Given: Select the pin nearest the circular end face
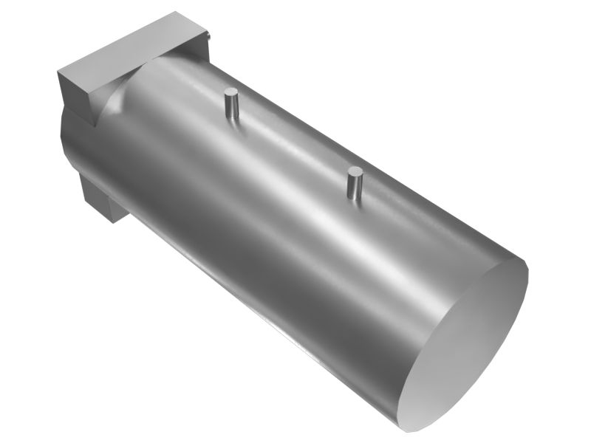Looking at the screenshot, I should (355, 182).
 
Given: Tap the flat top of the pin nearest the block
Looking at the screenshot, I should (231, 92).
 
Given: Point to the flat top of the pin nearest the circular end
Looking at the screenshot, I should (355, 172).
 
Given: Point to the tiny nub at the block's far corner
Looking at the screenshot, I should (211, 33).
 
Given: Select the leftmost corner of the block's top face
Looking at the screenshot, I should (58, 72).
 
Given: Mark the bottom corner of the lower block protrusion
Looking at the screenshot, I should (111, 221).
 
